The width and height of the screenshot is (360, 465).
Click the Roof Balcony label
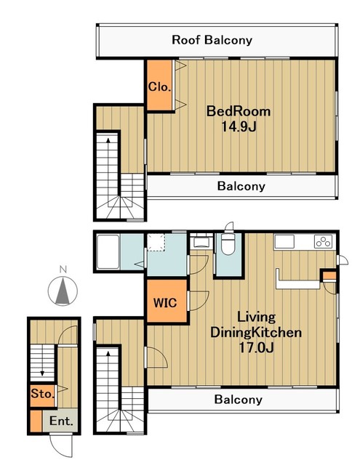(x=212, y=40)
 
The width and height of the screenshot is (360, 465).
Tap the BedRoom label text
(x=239, y=111)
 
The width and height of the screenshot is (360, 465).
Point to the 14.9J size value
(x=239, y=127)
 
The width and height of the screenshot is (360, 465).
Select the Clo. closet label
(x=160, y=87)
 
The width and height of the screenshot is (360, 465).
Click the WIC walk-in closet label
(x=165, y=303)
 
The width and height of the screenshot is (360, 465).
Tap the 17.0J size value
(x=256, y=347)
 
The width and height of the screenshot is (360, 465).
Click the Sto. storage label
(x=43, y=394)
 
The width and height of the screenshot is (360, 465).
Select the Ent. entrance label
(x=61, y=421)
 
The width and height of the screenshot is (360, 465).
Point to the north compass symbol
(x=63, y=291)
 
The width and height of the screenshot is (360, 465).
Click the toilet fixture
(x=228, y=244)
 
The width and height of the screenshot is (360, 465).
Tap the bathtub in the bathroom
(x=108, y=252)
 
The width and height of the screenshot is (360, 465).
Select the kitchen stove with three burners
(x=323, y=241)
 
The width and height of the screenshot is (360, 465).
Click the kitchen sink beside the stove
(x=284, y=241)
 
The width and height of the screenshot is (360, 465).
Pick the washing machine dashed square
(x=156, y=242)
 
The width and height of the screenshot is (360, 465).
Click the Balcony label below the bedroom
(x=241, y=186)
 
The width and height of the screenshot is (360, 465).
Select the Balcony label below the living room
(x=239, y=400)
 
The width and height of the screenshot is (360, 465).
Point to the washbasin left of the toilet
(x=201, y=242)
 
